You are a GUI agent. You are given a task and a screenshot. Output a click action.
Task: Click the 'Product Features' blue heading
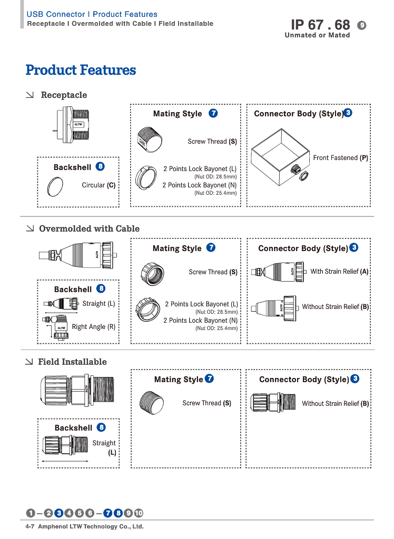click(x=81, y=70)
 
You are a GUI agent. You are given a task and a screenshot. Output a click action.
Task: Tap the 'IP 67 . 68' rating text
click(x=320, y=24)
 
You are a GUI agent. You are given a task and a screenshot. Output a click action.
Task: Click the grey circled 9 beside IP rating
click(x=362, y=25)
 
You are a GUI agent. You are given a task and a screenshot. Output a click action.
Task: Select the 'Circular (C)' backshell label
click(x=98, y=185)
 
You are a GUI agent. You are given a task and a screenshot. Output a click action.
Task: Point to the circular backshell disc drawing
click(x=56, y=186)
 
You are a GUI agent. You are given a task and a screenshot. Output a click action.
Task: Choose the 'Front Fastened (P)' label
click(x=340, y=158)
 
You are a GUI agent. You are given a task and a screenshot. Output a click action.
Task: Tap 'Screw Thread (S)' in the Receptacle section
click(x=212, y=142)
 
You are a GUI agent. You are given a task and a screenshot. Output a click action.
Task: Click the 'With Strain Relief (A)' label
click(x=339, y=272)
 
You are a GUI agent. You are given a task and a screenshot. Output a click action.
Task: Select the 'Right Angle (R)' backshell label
click(x=94, y=327)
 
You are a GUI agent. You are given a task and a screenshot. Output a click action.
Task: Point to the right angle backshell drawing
click(x=60, y=325)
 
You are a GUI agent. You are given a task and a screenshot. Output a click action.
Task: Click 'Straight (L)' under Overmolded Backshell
click(x=98, y=304)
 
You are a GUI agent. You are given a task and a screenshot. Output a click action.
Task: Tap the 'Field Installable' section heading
click(x=72, y=362)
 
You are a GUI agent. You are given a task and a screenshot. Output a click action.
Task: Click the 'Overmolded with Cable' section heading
click(x=89, y=229)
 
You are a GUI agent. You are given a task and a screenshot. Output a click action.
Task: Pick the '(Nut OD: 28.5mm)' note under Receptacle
click(x=216, y=177)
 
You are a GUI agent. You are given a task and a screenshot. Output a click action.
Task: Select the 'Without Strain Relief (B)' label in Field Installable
click(x=335, y=404)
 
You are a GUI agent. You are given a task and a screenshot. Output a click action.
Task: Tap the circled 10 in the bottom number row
click(x=139, y=513)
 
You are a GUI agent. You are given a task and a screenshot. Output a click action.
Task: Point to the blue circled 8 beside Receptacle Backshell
click(x=100, y=167)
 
